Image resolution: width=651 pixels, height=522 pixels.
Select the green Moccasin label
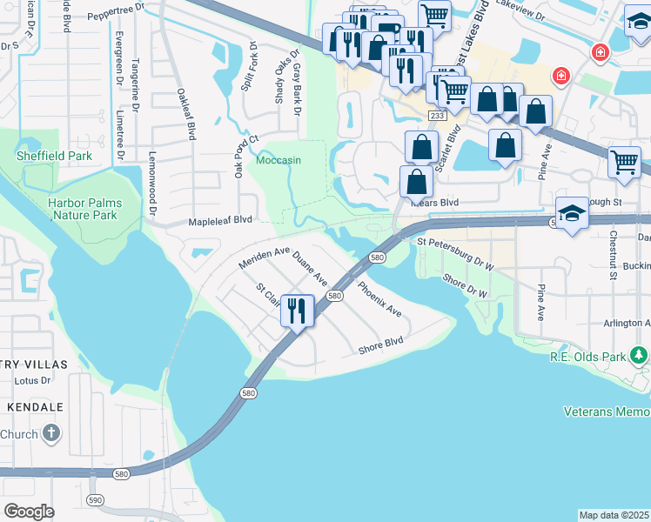[x=278, y=161]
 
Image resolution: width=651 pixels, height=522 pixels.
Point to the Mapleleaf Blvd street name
[x=220, y=222]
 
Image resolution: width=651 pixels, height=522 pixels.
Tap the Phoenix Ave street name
[x=379, y=298]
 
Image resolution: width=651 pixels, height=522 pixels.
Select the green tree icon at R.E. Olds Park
[x=639, y=355]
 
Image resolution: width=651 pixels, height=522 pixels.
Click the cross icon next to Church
[x=51, y=432]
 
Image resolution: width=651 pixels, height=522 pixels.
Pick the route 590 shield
[x=95, y=499]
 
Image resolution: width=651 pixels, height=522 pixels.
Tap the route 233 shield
[x=437, y=116]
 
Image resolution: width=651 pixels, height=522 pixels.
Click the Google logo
[x=29, y=511]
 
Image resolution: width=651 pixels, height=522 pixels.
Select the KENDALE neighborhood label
[x=36, y=406]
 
